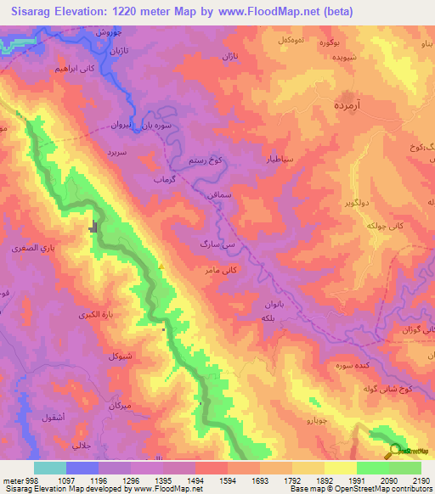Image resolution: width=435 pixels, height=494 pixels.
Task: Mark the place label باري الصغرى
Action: [32, 249]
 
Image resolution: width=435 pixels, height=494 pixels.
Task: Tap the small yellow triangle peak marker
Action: [161, 266]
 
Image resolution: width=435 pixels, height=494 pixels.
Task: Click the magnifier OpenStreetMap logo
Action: [396, 451]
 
